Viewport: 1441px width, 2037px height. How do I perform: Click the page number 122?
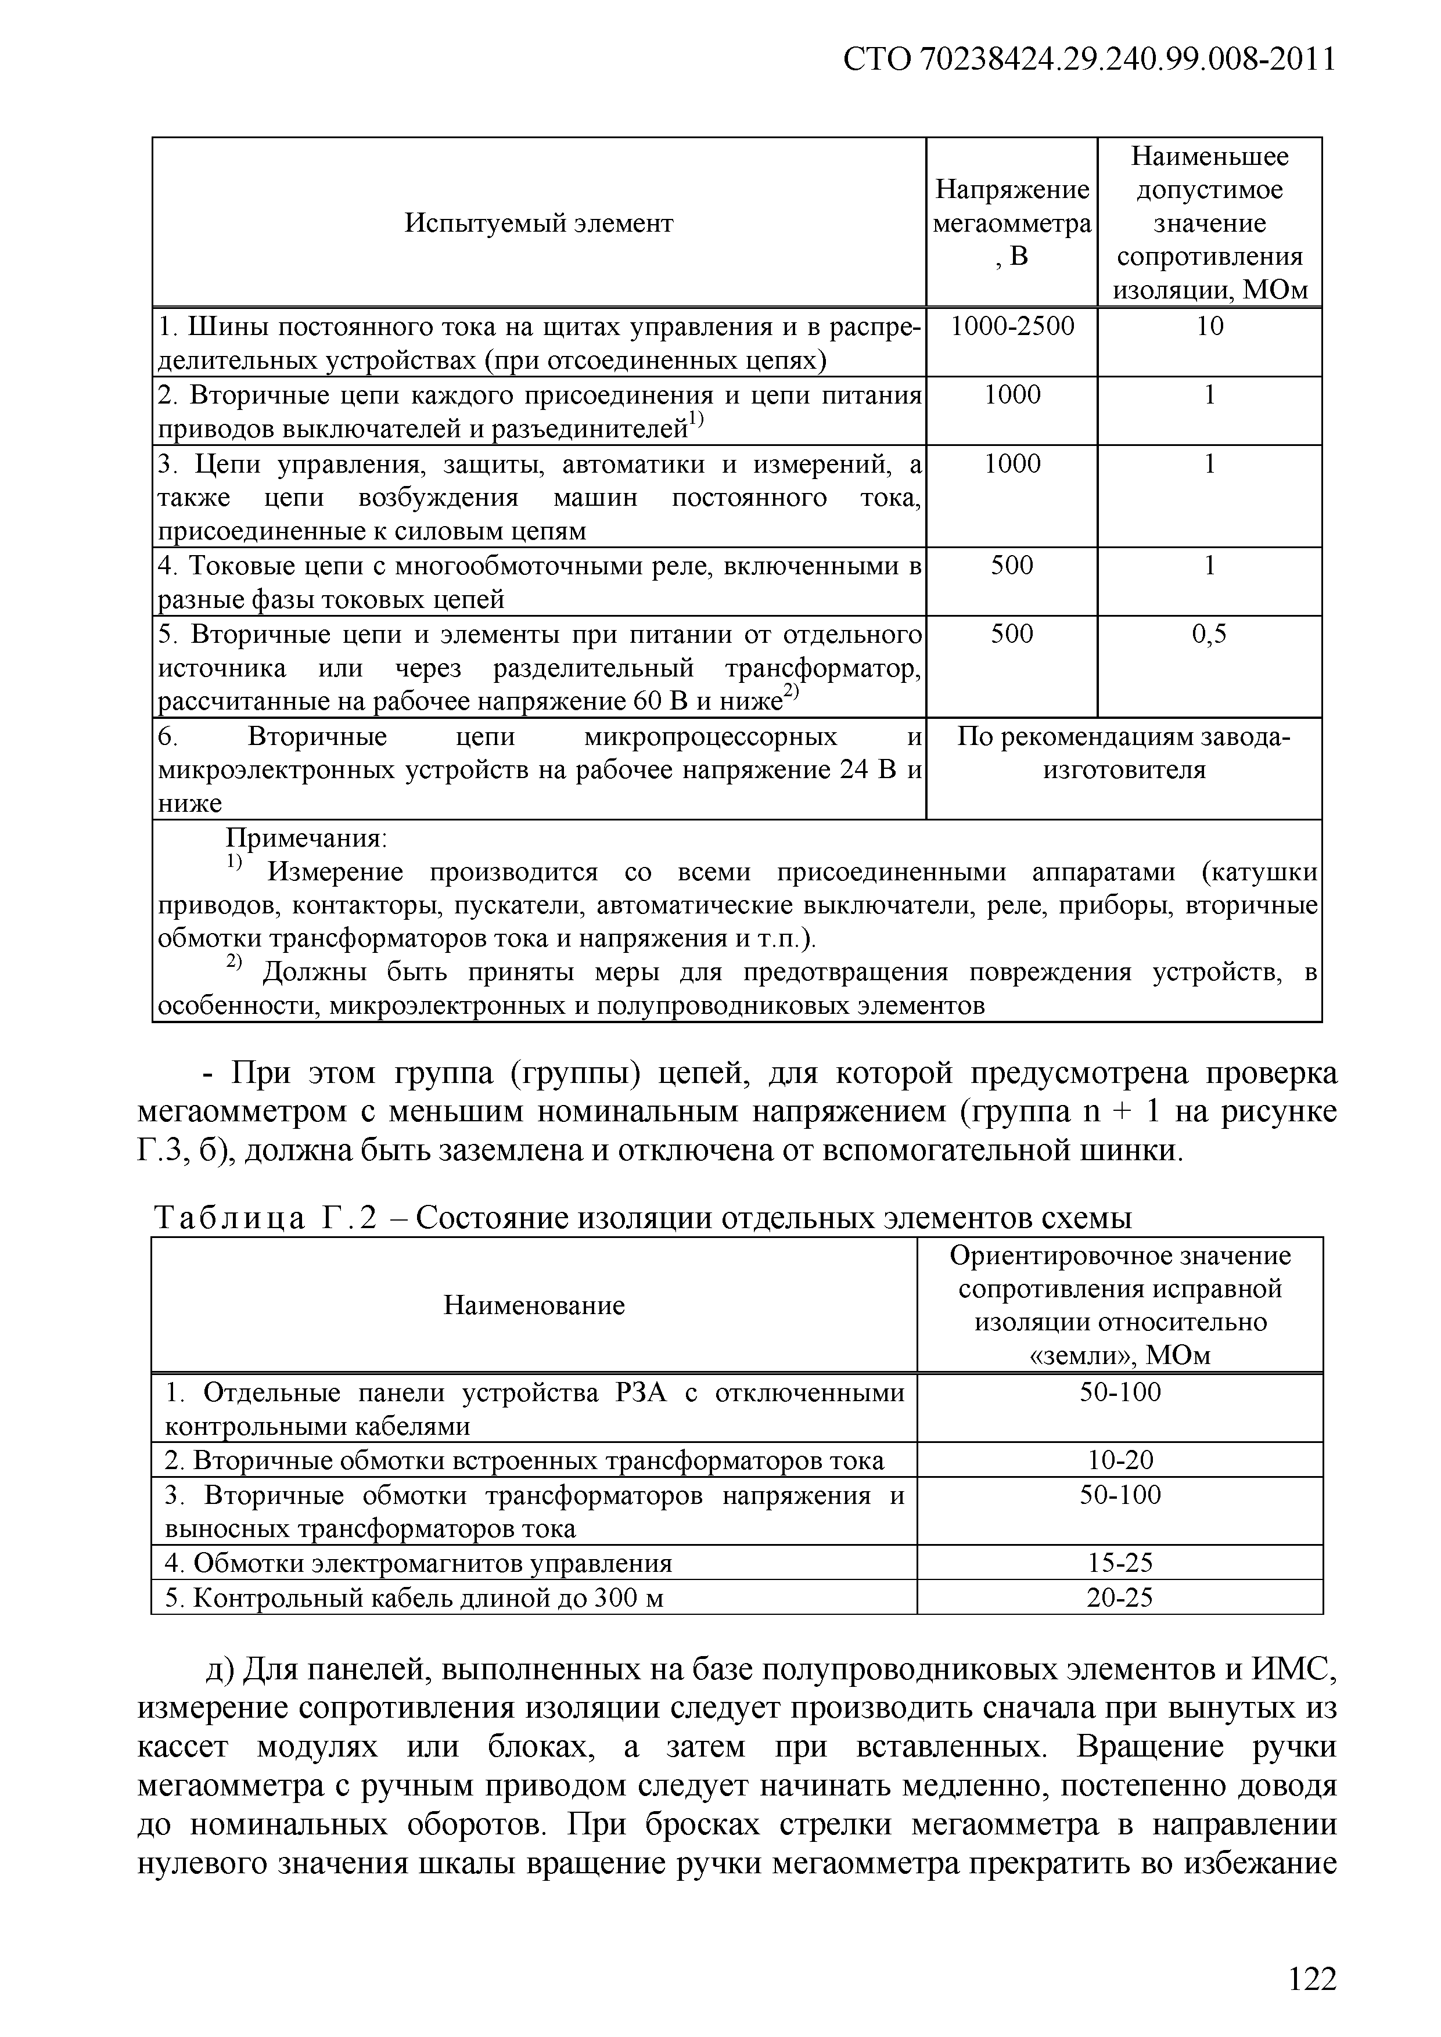[x=1311, y=1978]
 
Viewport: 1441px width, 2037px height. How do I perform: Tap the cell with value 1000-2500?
[x=1012, y=326]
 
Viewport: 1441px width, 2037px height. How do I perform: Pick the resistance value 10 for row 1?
[x=1209, y=326]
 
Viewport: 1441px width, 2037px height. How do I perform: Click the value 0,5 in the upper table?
[x=1209, y=634]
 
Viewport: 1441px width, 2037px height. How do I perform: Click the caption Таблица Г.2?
[x=265, y=1218]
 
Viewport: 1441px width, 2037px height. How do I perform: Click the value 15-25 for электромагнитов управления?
[x=1120, y=1563]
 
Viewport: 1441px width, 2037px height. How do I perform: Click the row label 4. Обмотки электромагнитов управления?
[x=419, y=1563]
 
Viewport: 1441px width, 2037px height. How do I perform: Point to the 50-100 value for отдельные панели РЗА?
[x=1120, y=1392]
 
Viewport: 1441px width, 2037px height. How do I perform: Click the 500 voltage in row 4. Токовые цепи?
[x=1012, y=565]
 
